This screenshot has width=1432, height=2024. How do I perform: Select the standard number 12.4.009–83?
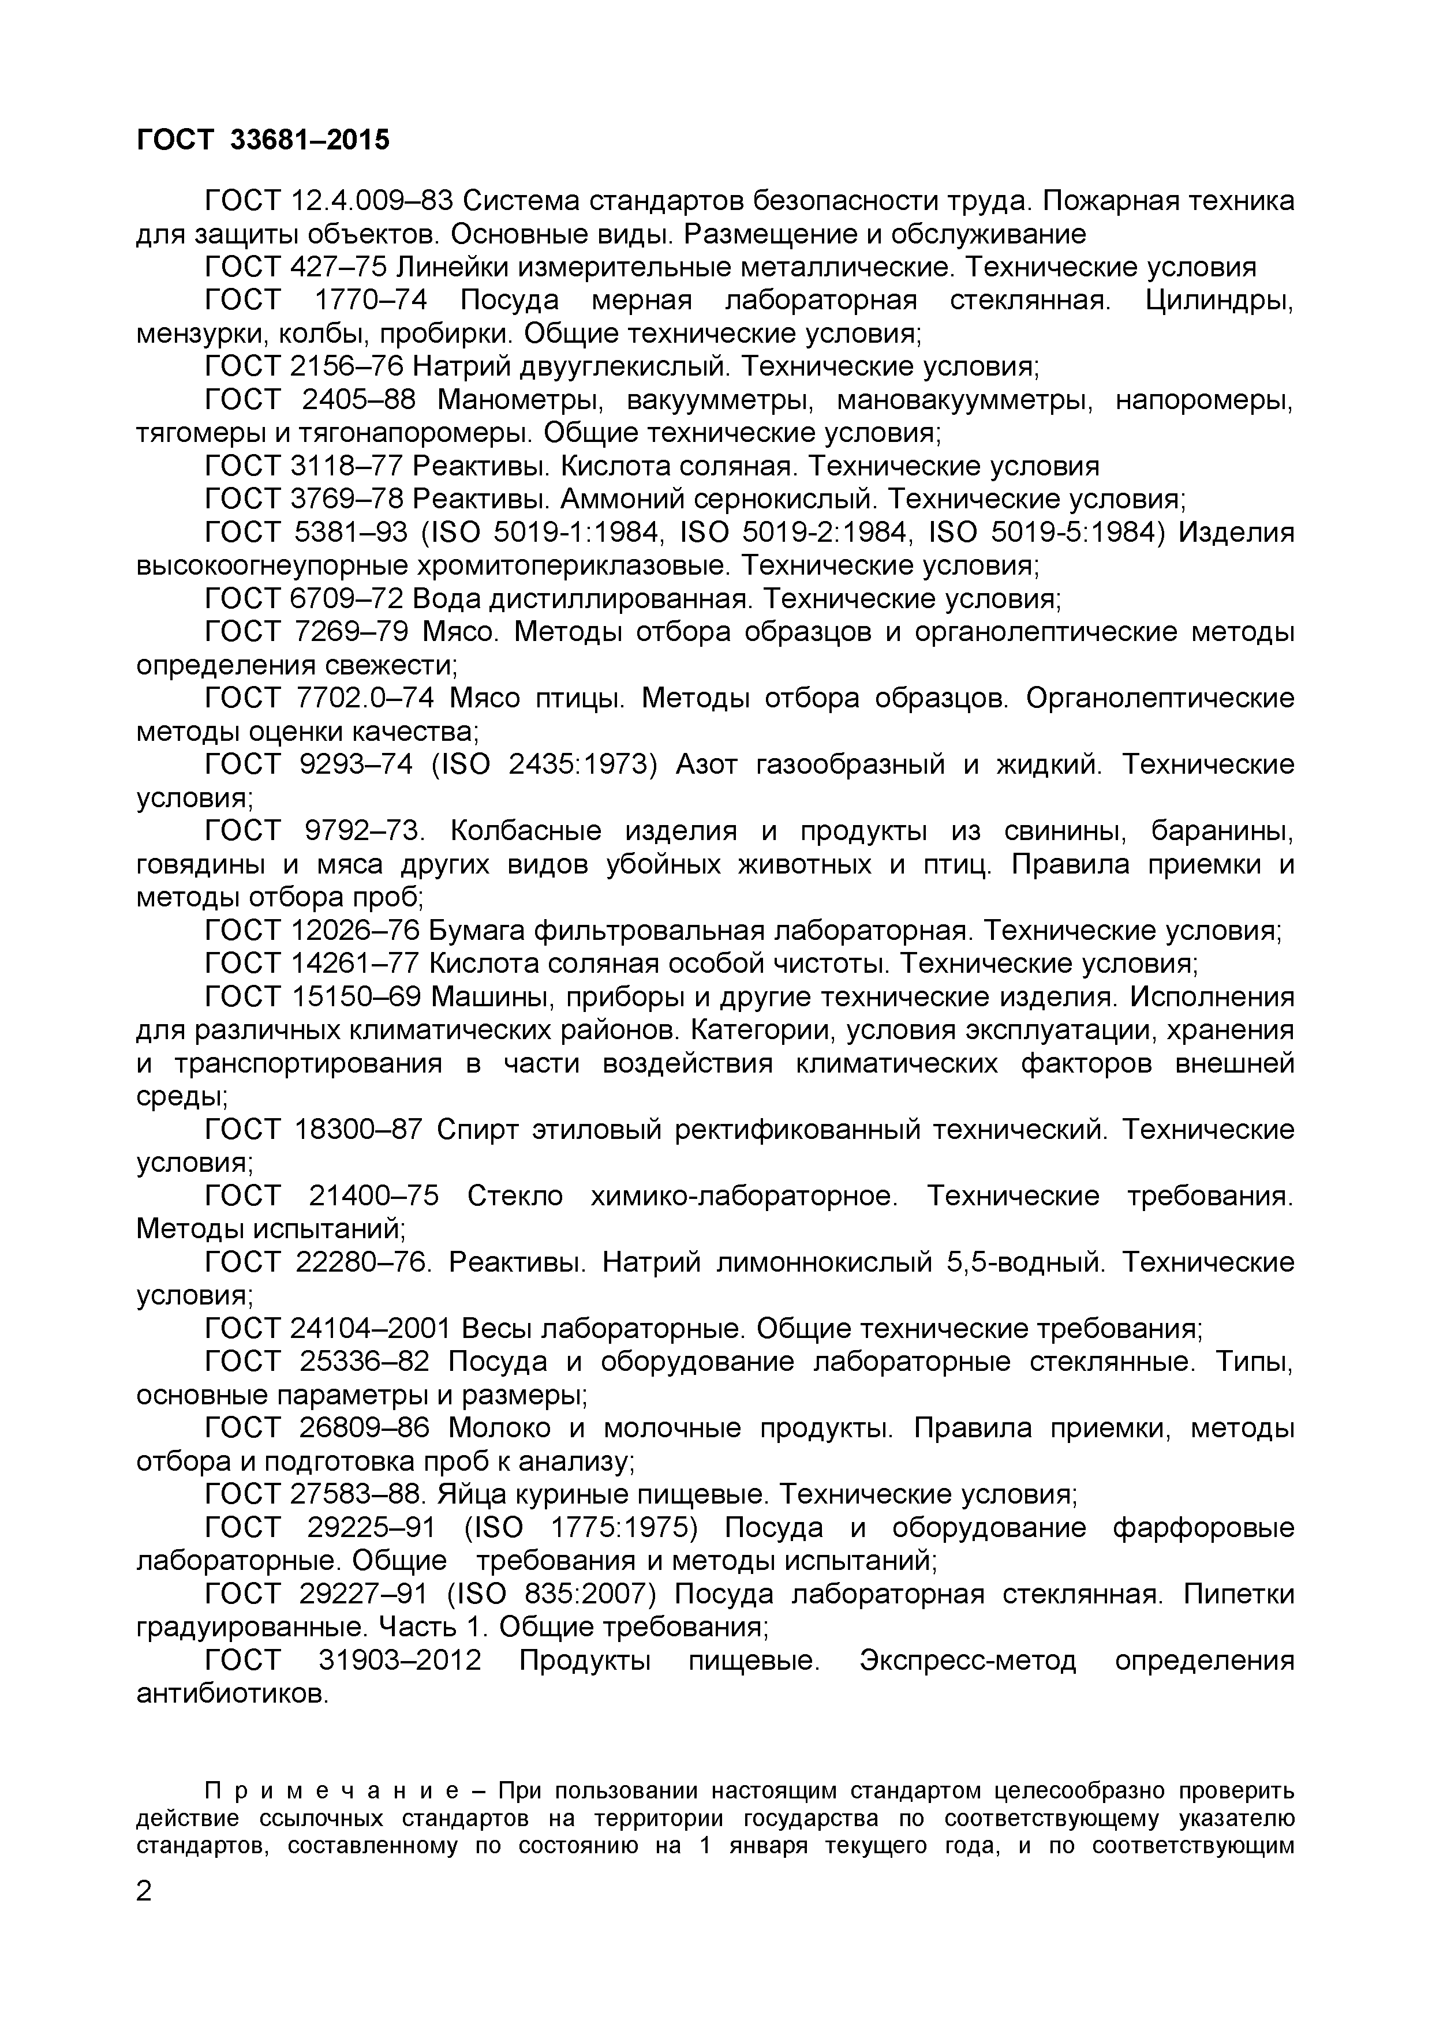371,201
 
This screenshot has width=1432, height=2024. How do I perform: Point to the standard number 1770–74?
371,301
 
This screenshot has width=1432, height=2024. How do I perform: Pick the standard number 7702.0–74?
362,698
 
